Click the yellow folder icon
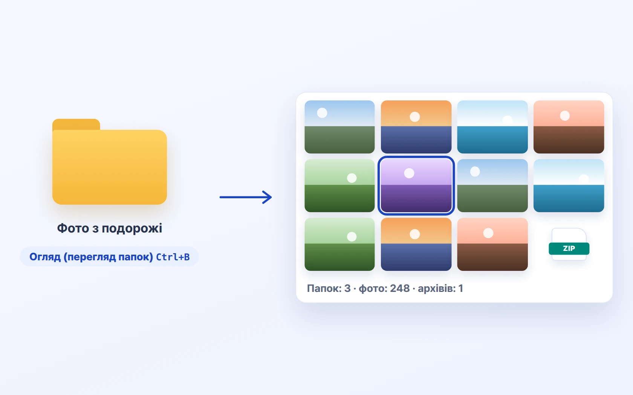pyautogui.click(x=109, y=162)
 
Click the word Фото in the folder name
pyautogui.click(x=73, y=228)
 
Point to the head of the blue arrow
pyautogui.click(x=271, y=197)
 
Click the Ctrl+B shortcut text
pyautogui.click(x=173, y=257)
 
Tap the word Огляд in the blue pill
pyautogui.click(x=45, y=257)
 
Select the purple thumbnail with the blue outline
pyautogui.click(x=416, y=185)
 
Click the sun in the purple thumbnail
pyautogui.click(x=409, y=173)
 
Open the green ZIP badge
pyautogui.click(x=569, y=248)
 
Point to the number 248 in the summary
pyautogui.click(x=400, y=288)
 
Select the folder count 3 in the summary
pyautogui.click(x=347, y=288)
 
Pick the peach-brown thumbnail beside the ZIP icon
pyautogui.click(x=492, y=245)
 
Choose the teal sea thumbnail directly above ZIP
pyautogui.click(x=569, y=185)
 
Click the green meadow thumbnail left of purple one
pyautogui.click(x=340, y=185)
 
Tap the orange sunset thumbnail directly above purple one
pyautogui.click(x=416, y=127)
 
